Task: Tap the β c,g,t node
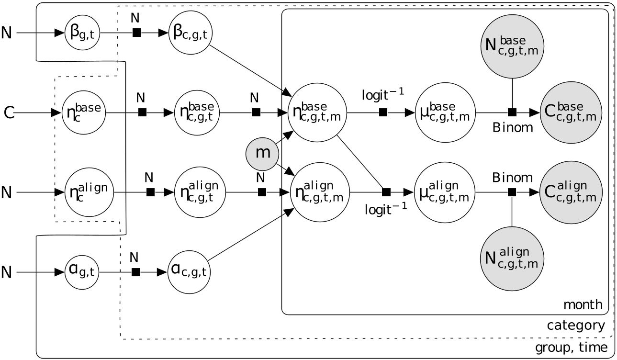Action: (x=191, y=33)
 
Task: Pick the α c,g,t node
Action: (x=191, y=272)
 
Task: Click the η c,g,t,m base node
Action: (x=316, y=113)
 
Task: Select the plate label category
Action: (x=576, y=326)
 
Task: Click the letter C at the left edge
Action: (x=9, y=113)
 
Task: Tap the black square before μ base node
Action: (x=382, y=113)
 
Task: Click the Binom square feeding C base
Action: (x=512, y=113)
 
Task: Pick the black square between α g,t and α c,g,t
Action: (x=136, y=272)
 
